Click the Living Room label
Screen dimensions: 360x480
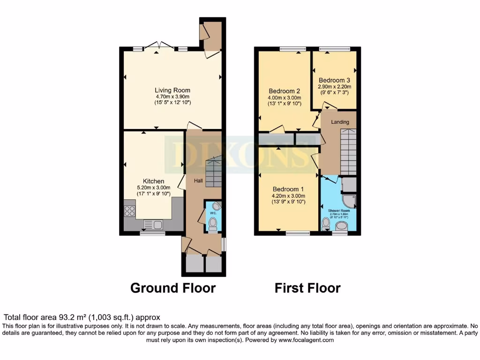(172, 90)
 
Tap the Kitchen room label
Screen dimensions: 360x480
(153, 181)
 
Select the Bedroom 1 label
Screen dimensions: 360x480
(288, 189)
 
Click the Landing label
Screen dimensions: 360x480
(340, 122)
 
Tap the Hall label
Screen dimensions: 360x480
(198, 181)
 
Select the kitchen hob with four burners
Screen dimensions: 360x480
(130, 210)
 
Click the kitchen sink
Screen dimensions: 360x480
(153, 225)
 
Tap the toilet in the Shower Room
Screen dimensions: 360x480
(326, 223)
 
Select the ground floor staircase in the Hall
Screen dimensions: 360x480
(213, 172)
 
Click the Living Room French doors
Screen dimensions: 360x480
(158, 46)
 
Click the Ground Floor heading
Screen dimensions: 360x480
(172, 287)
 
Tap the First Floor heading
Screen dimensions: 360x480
(307, 287)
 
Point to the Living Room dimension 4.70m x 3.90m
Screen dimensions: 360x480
(173, 97)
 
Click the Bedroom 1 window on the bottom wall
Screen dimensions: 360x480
(298, 232)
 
